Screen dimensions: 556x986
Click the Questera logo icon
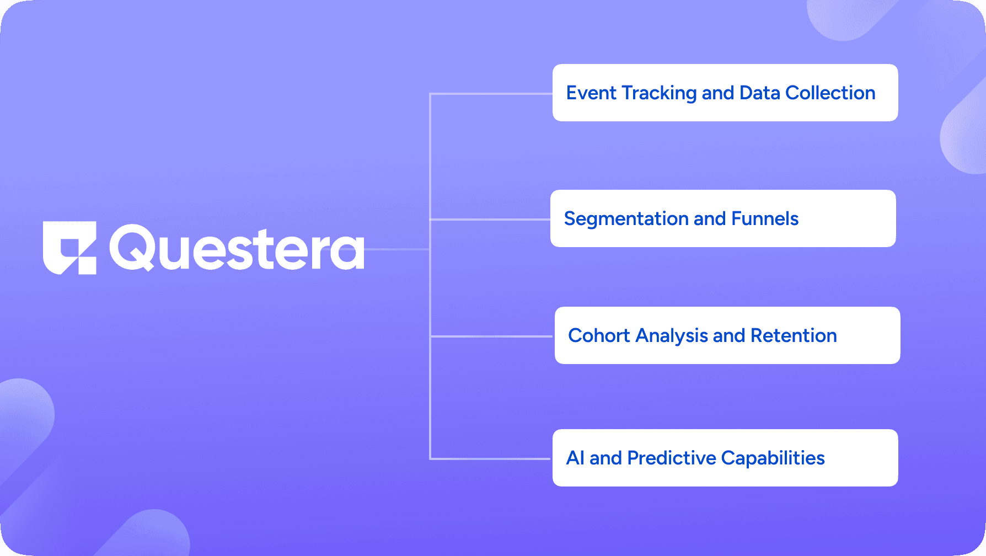[x=69, y=248]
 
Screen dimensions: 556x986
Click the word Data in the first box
[x=759, y=93]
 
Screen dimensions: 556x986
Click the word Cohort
[x=598, y=335]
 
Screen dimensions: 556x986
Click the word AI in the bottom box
[x=575, y=458]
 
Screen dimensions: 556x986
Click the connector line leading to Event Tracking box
[x=491, y=94]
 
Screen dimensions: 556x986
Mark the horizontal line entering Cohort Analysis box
[x=491, y=336]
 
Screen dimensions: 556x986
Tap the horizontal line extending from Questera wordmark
[x=397, y=249]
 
